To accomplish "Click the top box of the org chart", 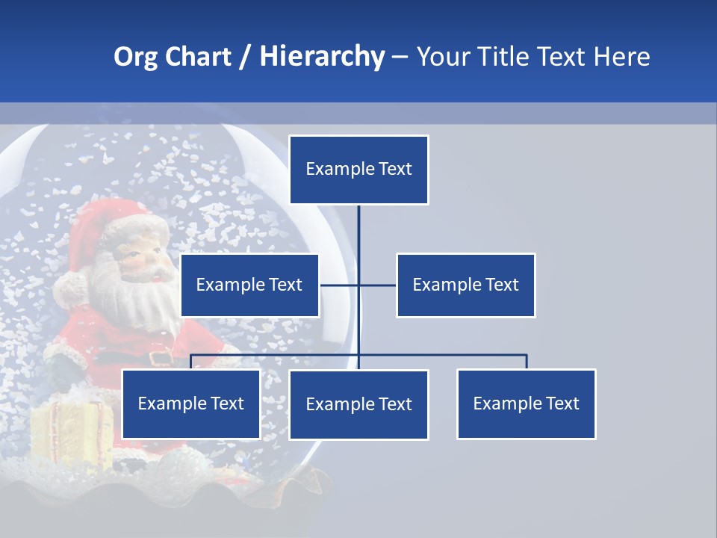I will [x=358, y=170].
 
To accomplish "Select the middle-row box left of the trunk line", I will [x=249, y=285].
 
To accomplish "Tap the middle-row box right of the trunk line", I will [x=465, y=285].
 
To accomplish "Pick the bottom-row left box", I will [x=190, y=404].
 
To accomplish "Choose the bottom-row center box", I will [x=358, y=405].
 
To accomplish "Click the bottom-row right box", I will [x=526, y=404].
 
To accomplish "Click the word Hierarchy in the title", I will [x=322, y=57].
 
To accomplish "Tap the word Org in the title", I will [x=135, y=57].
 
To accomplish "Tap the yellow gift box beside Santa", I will [x=71, y=433].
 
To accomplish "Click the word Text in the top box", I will [x=394, y=170].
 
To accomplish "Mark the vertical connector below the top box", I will [x=358, y=239].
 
